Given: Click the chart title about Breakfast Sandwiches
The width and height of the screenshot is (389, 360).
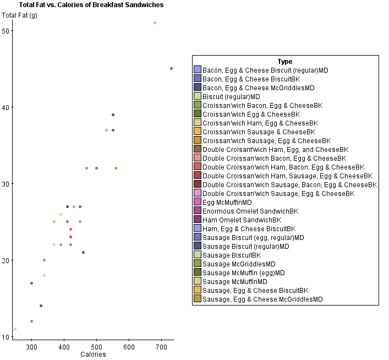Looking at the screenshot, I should (91, 5).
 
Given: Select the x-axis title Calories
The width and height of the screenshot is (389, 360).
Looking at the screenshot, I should (93, 354).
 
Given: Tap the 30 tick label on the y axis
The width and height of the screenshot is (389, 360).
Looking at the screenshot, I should (6, 183).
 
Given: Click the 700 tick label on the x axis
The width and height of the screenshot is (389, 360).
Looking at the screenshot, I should (161, 347).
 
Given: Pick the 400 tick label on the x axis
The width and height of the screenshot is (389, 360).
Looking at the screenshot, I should (64, 347).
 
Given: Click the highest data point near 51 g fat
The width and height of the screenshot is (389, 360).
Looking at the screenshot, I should (155, 23).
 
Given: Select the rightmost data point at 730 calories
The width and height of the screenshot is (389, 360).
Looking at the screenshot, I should (172, 69).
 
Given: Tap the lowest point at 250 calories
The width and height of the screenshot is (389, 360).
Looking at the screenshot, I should (15, 329).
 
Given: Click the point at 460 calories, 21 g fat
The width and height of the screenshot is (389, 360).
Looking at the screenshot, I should (84, 253).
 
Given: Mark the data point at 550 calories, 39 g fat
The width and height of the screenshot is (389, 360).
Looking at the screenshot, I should (113, 115).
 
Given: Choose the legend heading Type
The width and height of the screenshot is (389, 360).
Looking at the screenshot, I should (285, 62).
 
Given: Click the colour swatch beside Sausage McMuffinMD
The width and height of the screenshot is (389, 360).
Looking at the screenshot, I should (198, 281).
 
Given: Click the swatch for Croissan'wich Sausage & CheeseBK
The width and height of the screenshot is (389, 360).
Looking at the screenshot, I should (198, 132).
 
